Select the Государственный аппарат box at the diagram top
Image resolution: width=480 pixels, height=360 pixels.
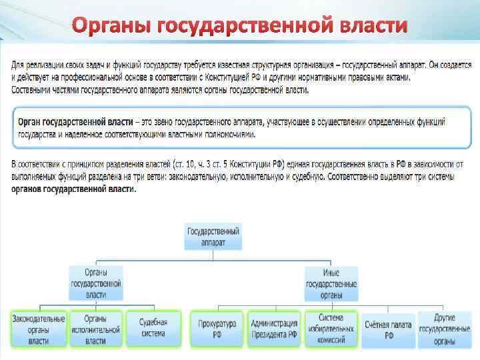213,237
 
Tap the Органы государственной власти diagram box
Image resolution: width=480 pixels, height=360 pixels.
96,282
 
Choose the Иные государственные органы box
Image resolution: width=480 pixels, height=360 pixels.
331,282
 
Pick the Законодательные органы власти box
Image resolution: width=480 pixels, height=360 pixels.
39,329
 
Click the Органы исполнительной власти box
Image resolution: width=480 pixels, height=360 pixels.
96,329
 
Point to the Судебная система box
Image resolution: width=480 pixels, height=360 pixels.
153,329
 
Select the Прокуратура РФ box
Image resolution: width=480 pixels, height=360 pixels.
217,329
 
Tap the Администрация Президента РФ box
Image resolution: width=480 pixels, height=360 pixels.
274,329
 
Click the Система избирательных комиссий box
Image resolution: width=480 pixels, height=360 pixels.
331,329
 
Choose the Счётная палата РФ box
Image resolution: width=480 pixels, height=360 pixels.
389,329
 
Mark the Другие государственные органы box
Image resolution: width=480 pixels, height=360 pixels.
445,329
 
